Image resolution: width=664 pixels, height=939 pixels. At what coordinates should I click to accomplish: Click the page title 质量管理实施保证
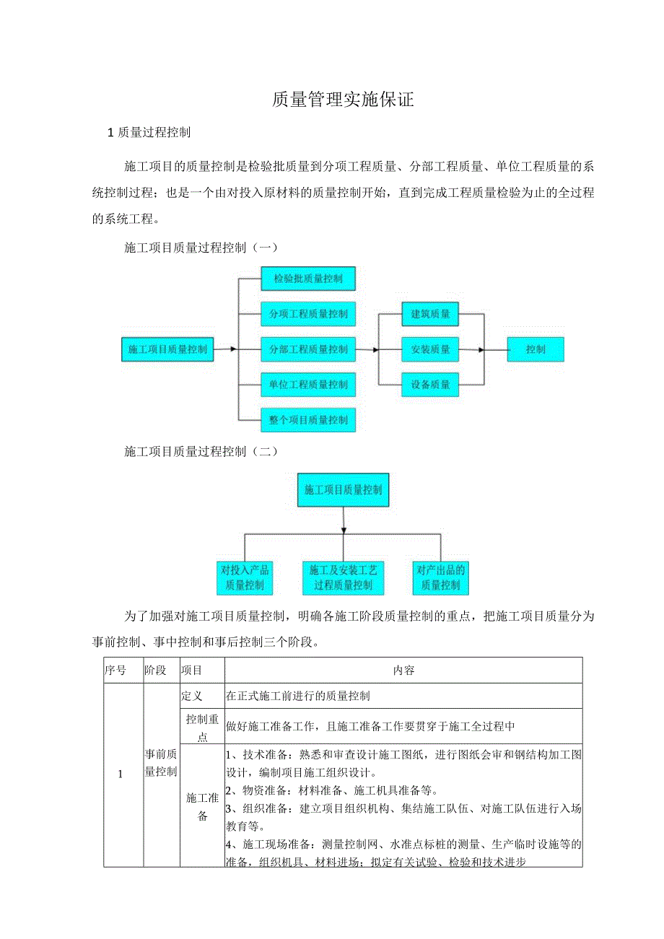(343, 100)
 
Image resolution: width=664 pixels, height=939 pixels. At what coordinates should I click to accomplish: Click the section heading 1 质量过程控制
(149, 132)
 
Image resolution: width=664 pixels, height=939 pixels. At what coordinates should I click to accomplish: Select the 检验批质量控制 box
(308, 278)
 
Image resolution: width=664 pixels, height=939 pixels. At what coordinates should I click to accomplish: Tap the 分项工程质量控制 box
(308, 314)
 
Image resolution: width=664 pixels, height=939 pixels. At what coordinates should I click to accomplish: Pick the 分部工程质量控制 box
(308, 349)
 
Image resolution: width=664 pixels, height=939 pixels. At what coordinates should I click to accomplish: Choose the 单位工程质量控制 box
(308, 385)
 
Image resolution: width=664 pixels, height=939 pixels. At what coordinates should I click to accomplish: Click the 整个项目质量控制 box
(308, 419)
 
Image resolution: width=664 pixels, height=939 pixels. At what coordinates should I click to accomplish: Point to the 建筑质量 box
(431, 314)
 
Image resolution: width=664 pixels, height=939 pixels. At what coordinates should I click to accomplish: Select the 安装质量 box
(431, 349)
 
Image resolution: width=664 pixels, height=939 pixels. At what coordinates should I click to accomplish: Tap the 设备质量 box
(431, 385)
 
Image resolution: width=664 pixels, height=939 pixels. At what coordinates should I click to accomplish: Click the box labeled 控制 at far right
(536, 349)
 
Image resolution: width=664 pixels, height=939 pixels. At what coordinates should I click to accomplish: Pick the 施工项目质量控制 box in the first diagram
(167, 349)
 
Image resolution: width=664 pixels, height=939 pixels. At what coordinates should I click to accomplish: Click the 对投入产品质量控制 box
(245, 577)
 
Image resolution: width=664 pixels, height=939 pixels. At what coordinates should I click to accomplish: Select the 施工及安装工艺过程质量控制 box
(344, 577)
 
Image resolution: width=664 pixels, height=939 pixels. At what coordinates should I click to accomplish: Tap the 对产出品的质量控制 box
(440, 577)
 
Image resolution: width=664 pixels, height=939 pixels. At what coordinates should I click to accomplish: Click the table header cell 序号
(115, 671)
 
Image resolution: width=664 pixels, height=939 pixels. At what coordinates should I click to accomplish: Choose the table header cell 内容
(403, 671)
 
